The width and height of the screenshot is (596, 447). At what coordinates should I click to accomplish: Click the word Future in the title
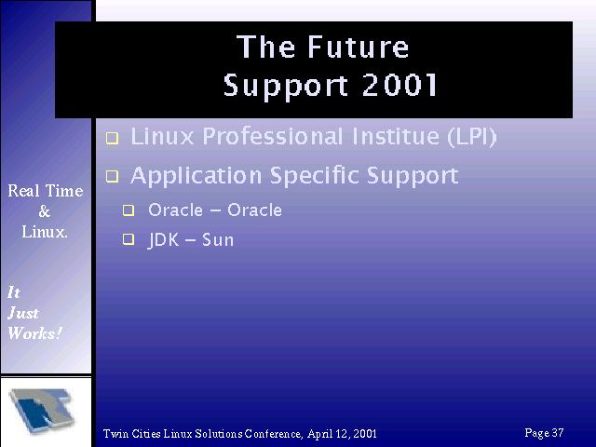pyautogui.click(x=358, y=47)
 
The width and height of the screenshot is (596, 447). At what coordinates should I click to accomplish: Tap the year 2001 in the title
pyautogui.click(x=400, y=85)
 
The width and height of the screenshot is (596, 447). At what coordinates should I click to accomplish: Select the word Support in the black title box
pyautogui.click(x=286, y=86)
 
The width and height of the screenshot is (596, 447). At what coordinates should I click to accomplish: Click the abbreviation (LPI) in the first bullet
pyautogui.click(x=472, y=137)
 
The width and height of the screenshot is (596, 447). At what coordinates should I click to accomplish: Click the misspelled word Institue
pyautogui.click(x=396, y=136)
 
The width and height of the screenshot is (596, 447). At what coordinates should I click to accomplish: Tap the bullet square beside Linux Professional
pyautogui.click(x=112, y=139)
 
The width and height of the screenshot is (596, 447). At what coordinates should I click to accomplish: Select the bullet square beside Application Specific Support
pyautogui.click(x=112, y=176)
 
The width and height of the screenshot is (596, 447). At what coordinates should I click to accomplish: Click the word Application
pyautogui.click(x=196, y=176)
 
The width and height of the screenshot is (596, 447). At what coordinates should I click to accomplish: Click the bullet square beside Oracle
pyautogui.click(x=129, y=210)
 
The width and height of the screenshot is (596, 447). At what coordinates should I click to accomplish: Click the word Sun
pyautogui.click(x=218, y=240)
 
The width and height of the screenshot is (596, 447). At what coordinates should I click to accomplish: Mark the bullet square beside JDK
pyautogui.click(x=129, y=239)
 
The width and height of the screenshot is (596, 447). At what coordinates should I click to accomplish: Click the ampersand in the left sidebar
pyautogui.click(x=44, y=211)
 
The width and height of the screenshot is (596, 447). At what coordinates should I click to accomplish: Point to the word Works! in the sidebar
pyautogui.click(x=35, y=333)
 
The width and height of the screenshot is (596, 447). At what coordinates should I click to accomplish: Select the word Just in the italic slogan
pyautogui.click(x=23, y=313)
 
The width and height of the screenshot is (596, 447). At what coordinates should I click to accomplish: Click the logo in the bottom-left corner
pyautogui.click(x=42, y=411)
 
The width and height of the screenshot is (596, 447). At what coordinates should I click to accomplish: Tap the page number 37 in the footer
pyautogui.click(x=558, y=432)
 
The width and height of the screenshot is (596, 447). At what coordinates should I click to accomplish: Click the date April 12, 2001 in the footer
pyautogui.click(x=342, y=434)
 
